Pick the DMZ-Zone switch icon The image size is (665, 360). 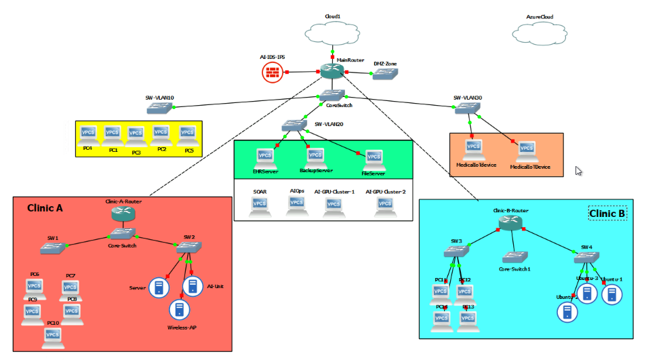click(385, 74)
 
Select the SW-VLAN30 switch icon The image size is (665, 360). click(468, 108)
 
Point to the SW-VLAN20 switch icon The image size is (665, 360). click(294, 126)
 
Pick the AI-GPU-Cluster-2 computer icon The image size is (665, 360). click(386, 206)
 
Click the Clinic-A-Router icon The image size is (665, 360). click(123, 214)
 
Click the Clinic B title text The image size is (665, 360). click(607, 214)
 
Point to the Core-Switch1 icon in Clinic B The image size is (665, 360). click(515, 257)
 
